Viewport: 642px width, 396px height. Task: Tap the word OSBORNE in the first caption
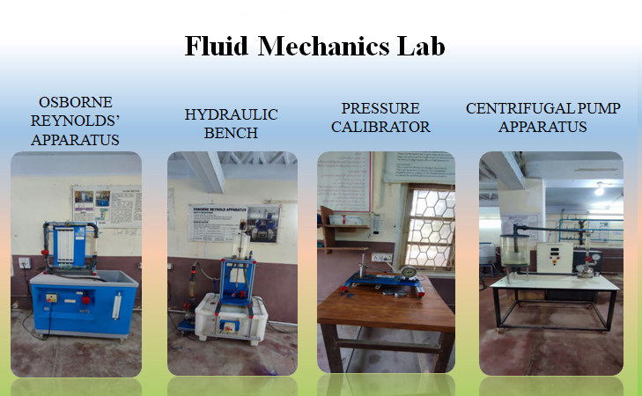point(75,102)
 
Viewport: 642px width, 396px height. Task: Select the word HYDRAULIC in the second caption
point(231,115)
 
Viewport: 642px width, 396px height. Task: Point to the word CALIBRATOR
point(386,127)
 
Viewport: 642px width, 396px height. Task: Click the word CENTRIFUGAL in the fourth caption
point(511,108)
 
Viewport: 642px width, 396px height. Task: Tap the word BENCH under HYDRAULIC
point(231,134)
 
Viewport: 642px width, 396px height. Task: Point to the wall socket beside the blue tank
point(24,262)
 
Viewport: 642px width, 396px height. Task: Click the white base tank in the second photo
point(231,317)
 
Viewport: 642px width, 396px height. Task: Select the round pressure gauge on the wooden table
point(409,271)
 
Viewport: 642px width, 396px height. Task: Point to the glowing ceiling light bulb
point(599,188)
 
